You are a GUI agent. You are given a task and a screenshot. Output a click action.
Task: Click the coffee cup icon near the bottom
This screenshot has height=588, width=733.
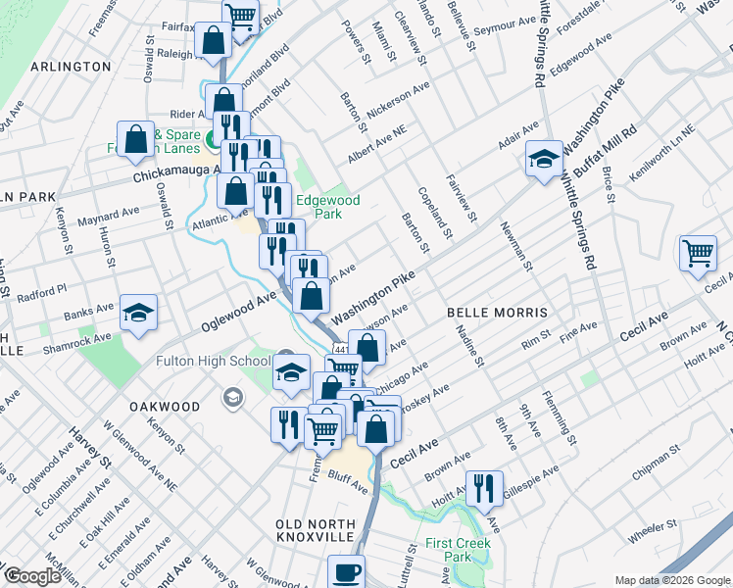(x=346, y=572)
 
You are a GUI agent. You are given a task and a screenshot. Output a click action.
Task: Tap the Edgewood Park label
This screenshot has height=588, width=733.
(x=328, y=207)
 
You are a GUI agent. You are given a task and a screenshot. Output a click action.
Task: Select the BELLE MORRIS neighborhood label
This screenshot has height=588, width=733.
(x=497, y=313)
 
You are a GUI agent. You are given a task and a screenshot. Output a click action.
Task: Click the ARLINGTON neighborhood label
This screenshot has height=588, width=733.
(x=71, y=67)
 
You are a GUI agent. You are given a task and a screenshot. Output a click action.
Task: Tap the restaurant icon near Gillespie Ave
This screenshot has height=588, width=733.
(x=483, y=488)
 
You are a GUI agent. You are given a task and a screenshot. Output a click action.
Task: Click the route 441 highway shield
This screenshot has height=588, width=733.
(x=341, y=349)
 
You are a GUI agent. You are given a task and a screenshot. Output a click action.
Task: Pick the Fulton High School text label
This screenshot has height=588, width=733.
(x=213, y=361)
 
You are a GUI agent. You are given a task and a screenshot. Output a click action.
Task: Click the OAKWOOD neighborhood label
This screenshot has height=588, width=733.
(x=164, y=406)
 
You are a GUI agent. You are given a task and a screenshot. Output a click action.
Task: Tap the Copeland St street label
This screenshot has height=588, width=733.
(x=434, y=214)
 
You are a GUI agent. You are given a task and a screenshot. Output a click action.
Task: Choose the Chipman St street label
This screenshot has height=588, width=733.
(x=656, y=464)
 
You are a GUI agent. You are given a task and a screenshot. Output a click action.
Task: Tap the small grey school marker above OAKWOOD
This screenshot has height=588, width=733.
(x=232, y=397)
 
